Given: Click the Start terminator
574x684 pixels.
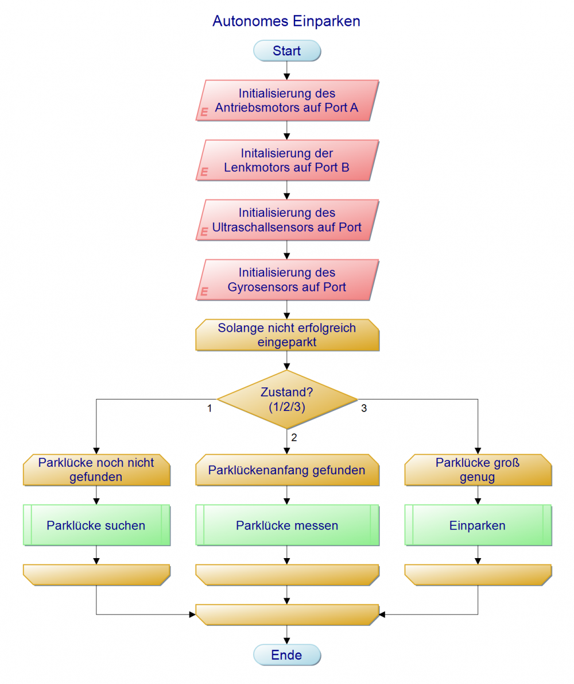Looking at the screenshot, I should (286, 51).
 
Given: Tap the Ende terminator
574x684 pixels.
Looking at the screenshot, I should (286, 655).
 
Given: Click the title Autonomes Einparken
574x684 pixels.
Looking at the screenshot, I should (286, 22).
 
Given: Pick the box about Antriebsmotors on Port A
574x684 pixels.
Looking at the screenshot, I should (286, 100).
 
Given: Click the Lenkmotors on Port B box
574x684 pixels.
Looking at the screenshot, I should (286, 160).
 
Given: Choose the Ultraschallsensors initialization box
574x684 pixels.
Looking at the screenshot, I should (286, 220).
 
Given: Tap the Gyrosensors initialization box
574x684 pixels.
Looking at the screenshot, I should (286, 279).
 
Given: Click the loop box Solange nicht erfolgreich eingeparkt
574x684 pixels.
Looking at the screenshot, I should (286, 335).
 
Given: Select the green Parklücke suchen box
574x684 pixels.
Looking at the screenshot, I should (96, 525).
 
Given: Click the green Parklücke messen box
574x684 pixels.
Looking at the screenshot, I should (286, 525).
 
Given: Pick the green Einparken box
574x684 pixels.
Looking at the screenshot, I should (478, 525).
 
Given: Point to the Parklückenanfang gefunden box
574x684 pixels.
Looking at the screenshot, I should (286, 470).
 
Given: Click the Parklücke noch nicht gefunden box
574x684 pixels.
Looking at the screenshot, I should (96, 470).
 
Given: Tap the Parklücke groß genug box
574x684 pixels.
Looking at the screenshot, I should (478, 470).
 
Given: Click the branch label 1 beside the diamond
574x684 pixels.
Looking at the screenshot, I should (210, 409).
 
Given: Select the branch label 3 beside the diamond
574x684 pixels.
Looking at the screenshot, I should (364, 409).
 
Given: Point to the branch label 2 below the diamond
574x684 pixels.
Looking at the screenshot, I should (294, 437).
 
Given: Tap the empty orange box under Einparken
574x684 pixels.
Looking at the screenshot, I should (478, 574).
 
